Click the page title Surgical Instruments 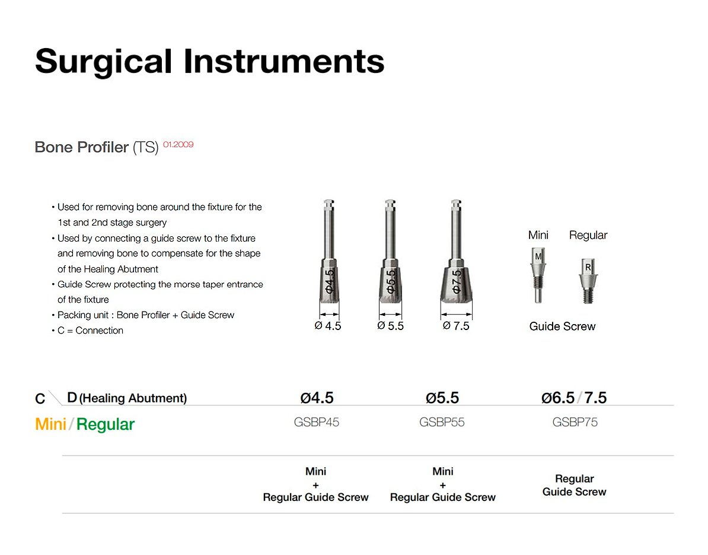[209, 62]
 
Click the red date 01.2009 [178, 145]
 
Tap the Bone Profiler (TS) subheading [97, 147]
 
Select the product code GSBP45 [317, 422]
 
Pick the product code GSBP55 [442, 422]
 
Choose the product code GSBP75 [575, 422]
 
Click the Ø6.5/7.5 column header [574, 398]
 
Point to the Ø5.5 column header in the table [442, 398]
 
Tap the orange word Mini [50, 424]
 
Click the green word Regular [106, 425]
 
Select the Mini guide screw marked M [538, 275]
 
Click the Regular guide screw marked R [588, 281]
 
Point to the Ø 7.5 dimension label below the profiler [456, 326]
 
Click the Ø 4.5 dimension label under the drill [328, 326]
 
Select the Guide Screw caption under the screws [562, 326]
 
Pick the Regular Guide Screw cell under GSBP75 [575, 486]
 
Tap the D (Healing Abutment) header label [127, 398]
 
